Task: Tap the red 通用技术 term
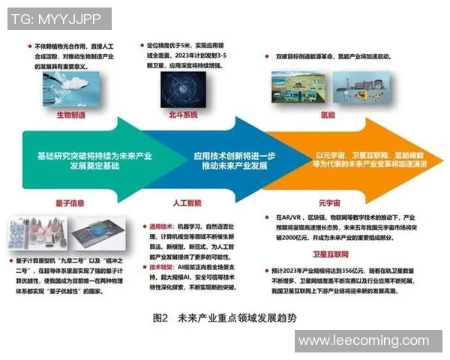point(160,223)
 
